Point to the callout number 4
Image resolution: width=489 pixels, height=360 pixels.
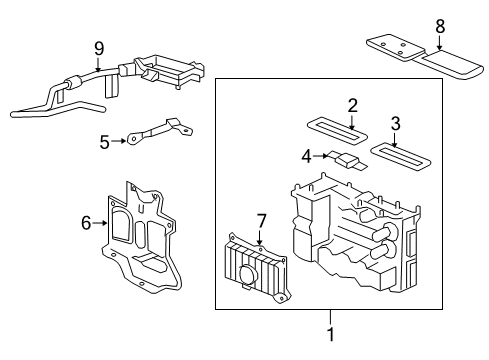308,155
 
